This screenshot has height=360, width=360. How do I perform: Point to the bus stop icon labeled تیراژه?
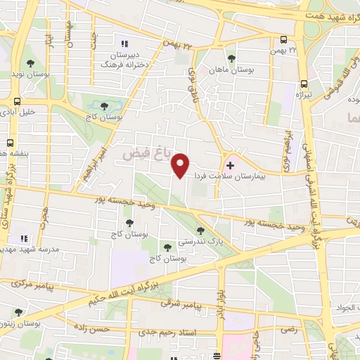click(x=303, y=82)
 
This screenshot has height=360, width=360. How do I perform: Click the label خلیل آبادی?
click(x=19, y=111)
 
